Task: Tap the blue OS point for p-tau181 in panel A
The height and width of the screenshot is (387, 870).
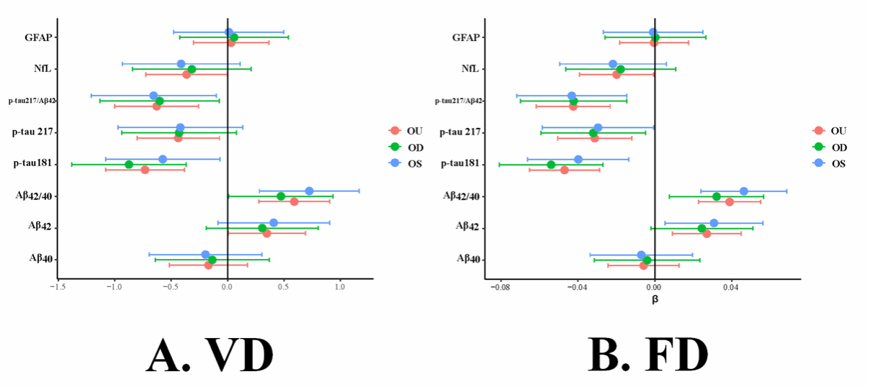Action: pyautogui.click(x=163, y=159)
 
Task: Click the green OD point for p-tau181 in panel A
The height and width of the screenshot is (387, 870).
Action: pyautogui.click(x=129, y=165)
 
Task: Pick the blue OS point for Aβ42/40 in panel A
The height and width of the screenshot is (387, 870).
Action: pyautogui.click(x=309, y=191)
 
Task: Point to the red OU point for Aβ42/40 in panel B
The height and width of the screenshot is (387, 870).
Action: pyautogui.click(x=730, y=201)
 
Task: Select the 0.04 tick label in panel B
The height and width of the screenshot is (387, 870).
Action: pyautogui.click(x=732, y=286)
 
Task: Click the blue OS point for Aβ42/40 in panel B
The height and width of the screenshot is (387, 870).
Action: pyautogui.click(x=744, y=191)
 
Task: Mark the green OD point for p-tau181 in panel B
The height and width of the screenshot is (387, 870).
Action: pyautogui.click(x=551, y=165)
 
